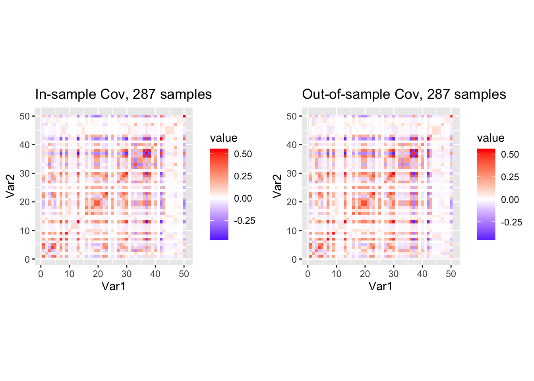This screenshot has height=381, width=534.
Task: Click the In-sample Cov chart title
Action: point(123,94)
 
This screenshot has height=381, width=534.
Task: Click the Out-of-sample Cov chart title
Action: point(404,94)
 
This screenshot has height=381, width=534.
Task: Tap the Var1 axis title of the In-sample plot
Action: point(113,286)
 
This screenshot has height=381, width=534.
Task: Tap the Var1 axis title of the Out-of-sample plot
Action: point(380,286)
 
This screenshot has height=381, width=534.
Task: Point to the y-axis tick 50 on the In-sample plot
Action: point(25,116)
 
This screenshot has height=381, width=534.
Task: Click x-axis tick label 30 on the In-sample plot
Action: point(126,274)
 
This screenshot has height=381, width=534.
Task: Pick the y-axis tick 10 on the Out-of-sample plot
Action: point(292,231)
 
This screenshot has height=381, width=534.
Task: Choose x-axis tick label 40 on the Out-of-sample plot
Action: point(422,274)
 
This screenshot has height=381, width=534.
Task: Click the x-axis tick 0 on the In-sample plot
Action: point(41,274)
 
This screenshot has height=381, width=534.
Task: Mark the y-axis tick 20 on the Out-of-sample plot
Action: point(292,202)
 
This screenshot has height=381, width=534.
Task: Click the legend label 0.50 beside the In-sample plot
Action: point(243,154)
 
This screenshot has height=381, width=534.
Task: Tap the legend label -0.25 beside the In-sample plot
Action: point(245,221)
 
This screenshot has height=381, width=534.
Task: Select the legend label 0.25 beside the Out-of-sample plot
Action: point(510,177)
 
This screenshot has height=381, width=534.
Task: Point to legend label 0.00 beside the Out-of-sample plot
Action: point(510,200)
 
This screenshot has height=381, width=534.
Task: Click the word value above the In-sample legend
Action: point(224,138)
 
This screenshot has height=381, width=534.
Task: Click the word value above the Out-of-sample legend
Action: point(491,138)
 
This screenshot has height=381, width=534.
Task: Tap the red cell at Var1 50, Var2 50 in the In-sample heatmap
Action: point(184,116)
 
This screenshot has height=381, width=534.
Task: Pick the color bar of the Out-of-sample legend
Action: point(486,194)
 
